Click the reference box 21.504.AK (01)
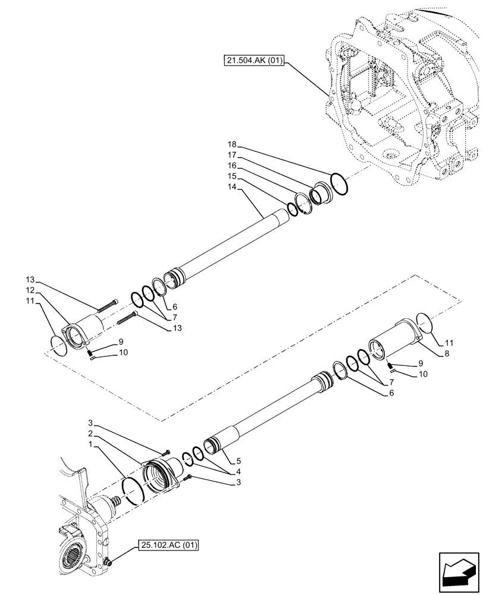click(x=255, y=61)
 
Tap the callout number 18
click(x=232, y=145)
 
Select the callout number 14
click(x=232, y=187)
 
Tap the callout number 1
click(x=88, y=444)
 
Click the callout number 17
click(x=232, y=155)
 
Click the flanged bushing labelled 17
click(x=322, y=194)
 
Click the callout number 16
click(x=232, y=165)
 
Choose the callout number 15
click(x=232, y=176)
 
